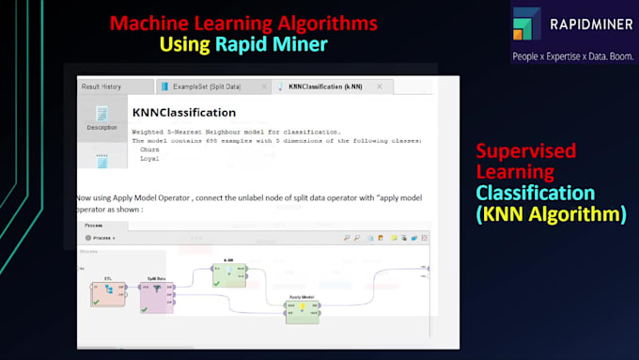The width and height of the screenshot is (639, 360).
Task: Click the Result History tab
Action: click(101, 86)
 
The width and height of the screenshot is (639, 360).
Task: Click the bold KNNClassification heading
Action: click(183, 113)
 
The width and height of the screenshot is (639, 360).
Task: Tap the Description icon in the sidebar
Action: click(101, 117)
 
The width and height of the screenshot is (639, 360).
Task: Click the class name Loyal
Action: click(148, 158)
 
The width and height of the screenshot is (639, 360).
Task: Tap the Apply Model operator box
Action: click(303, 309)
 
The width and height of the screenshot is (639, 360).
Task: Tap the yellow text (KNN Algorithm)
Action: click(551, 214)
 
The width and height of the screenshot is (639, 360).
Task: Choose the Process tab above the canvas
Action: click(93, 227)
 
